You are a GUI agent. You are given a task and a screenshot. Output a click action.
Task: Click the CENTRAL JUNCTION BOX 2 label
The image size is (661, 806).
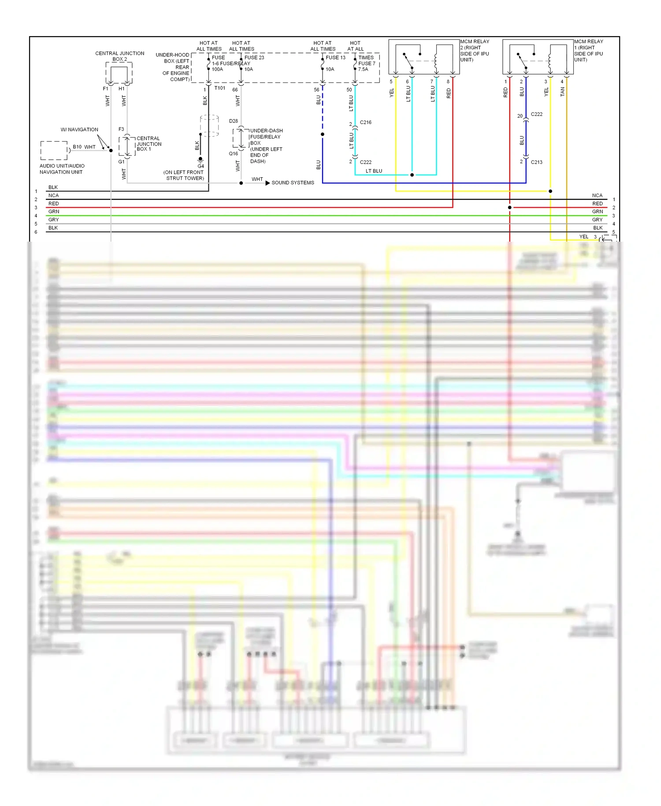point(119,56)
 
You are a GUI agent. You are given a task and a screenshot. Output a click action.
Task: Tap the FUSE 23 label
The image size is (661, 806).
point(254,58)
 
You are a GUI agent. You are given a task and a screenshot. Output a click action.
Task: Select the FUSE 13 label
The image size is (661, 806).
point(335,58)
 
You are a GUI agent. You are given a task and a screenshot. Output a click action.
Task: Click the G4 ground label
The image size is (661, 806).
point(201,166)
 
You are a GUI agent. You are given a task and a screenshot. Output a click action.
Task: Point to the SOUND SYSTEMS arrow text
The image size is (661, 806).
point(293,183)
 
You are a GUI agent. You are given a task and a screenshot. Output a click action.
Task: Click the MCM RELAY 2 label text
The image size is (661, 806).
point(475,50)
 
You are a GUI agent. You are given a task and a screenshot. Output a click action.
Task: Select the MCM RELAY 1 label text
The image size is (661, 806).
point(588,50)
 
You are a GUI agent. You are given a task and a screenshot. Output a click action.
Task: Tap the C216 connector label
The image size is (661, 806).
point(365,122)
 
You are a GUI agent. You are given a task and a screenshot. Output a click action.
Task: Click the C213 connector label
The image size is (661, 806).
point(536,162)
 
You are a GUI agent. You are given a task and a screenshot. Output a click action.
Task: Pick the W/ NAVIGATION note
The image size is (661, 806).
point(79,130)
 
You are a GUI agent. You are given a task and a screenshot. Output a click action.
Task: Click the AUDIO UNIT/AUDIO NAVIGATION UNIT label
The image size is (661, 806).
point(62,169)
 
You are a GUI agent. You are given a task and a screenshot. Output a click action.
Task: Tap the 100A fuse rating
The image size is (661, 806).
point(217,69)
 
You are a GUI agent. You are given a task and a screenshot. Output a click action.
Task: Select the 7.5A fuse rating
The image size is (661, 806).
point(363,69)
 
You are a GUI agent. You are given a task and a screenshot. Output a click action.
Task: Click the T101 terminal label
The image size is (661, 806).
point(219,88)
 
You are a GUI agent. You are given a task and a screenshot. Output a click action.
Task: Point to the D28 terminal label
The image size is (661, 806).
point(233,121)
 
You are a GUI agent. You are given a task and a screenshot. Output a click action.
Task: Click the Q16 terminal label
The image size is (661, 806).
point(233,153)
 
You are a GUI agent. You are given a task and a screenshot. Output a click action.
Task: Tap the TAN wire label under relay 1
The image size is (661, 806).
point(562,92)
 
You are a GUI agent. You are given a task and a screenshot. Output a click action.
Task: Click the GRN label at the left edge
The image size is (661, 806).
point(54,212)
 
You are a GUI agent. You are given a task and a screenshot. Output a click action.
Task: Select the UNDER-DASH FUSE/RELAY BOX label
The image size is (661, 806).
point(266,146)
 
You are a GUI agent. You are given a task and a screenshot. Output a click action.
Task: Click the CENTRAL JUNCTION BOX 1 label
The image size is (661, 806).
point(149,144)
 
